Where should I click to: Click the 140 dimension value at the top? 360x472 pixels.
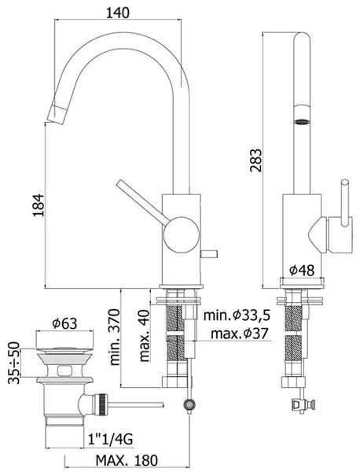[118, 13]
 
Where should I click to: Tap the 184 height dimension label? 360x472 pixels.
[39, 205]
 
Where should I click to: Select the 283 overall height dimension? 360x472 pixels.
[256, 160]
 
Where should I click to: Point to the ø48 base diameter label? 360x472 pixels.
[302, 270]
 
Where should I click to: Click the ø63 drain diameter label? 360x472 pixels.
[64, 324]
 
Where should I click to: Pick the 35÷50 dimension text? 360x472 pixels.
[14, 363]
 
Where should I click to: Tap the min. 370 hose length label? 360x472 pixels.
[115, 337]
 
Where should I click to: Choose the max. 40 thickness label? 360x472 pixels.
[145, 335]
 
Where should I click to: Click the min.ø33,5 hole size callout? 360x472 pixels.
[237, 315]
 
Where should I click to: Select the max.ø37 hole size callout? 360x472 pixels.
[239, 334]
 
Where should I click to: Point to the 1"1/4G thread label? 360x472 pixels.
[110, 440]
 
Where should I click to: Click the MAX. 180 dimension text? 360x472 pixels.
[127, 460]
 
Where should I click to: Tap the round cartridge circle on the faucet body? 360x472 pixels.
[182, 234]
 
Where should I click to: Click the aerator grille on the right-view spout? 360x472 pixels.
[302, 122]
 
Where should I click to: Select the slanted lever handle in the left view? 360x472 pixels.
[143, 202]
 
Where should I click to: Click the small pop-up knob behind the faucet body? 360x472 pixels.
[209, 253]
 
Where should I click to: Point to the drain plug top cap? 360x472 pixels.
[64, 350]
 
